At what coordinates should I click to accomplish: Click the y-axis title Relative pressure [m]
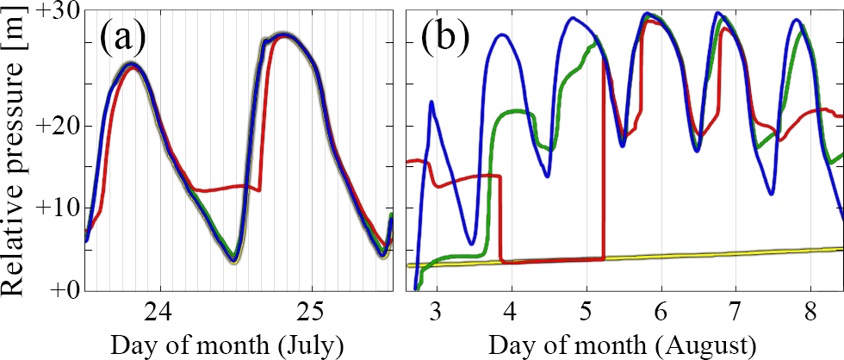pos(19,152)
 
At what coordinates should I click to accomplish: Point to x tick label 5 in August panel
pos(586,311)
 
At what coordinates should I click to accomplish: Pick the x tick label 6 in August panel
pos(661,311)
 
